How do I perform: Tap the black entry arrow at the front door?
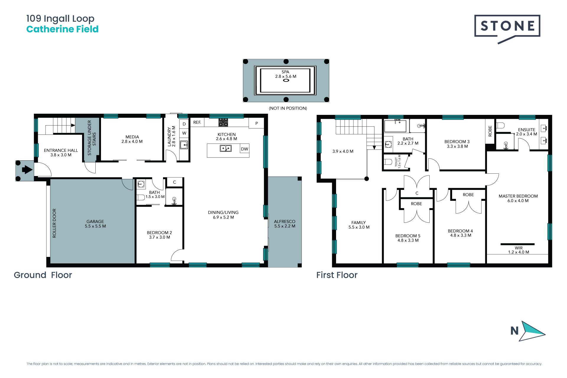point(27,170)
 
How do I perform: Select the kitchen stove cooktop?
point(223,122)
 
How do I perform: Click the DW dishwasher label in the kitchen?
point(245,149)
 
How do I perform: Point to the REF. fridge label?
point(197,122)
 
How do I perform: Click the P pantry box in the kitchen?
point(256,123)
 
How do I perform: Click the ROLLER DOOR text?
point(54,223)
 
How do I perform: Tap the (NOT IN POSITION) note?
point(288,108)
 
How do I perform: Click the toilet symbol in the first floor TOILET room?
point(388,162)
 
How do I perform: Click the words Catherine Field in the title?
point(62,29)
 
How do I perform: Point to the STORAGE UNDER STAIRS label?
point(92,138)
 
